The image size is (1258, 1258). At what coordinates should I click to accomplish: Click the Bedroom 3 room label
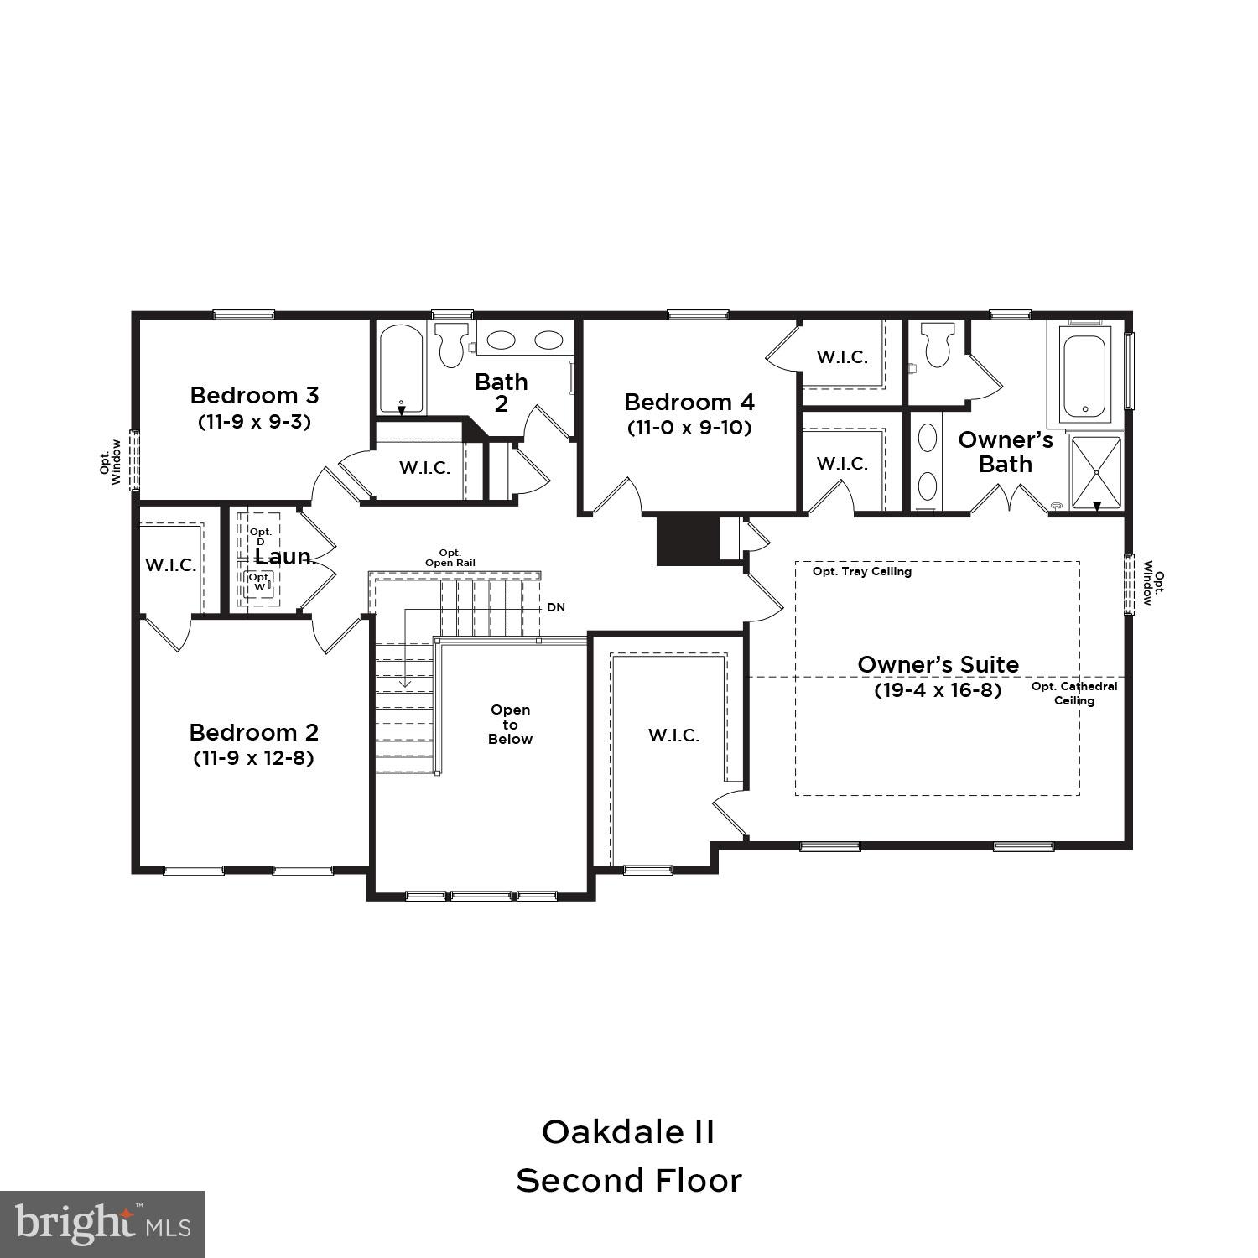254,395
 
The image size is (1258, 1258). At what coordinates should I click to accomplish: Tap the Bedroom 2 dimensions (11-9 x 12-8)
254,758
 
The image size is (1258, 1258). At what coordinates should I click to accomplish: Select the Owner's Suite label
938,664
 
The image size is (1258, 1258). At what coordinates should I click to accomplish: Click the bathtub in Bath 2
401,369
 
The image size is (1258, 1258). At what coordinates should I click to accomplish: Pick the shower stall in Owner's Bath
1096,473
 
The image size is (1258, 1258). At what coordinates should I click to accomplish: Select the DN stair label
556,607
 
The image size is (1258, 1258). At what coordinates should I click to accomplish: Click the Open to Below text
510,725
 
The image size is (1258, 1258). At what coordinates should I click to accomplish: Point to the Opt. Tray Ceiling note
861,572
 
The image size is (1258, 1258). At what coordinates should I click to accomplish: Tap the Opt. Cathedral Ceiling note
1073,693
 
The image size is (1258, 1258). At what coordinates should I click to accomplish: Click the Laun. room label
285,557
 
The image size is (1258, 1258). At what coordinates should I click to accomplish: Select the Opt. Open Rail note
450,558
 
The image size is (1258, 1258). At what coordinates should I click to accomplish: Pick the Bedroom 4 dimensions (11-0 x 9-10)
689,428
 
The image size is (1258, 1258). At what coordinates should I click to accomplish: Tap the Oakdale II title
628,1131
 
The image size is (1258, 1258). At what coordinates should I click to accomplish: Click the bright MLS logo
102,1224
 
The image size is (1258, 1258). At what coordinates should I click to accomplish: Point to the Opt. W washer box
259,581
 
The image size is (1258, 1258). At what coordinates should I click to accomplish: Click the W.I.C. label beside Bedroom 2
171,565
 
